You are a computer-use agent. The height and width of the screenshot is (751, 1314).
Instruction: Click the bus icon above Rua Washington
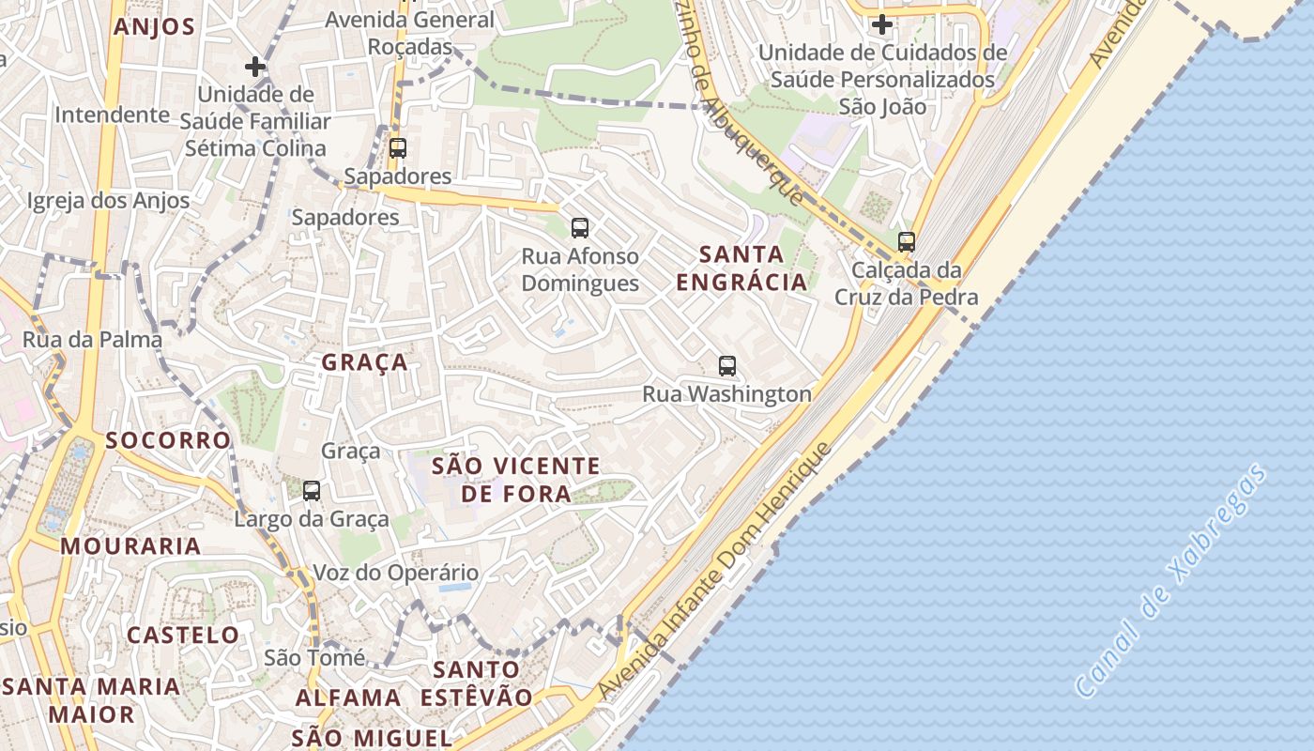(x=726, y=366)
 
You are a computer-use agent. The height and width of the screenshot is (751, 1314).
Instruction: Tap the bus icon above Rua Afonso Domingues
(x=580, y=227)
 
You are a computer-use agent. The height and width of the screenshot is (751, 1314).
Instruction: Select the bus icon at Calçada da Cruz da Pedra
(x=906, y=242)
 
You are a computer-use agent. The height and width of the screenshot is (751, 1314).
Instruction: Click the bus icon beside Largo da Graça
(x=312, y=490)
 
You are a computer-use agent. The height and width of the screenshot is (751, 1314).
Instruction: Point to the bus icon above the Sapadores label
(x=398, y=147)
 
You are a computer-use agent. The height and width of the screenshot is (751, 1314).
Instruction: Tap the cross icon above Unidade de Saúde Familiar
(x=254, y=67)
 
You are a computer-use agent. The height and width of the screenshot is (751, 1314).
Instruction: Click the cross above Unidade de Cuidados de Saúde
(x=881, y=24)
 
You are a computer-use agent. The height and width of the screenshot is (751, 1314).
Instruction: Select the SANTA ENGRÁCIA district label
(x=741, y=268)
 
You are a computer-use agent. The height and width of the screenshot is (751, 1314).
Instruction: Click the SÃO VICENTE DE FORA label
(x=515, y=479)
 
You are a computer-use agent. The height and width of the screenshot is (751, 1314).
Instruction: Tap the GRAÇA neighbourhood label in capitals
(x=365, y=362)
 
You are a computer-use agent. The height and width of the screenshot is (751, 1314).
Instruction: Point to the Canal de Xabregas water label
(x=1171, y=581)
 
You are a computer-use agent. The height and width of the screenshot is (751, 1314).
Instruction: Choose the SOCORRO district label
(x=168, y=440)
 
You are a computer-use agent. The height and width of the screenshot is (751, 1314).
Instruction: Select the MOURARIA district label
(x=131, y=545)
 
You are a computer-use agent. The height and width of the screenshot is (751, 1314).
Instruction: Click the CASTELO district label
(x=183, y=636)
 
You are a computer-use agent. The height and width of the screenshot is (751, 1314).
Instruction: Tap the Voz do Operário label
(x=395, y=573)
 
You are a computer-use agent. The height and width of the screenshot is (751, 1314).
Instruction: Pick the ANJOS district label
(x=154, y=26)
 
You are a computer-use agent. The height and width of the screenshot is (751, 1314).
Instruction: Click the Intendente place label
(x=112, y=115)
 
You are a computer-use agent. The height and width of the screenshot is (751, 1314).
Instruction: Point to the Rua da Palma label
(x=92, y=340)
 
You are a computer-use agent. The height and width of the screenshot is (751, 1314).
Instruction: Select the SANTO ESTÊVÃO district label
(x=476, y=683)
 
